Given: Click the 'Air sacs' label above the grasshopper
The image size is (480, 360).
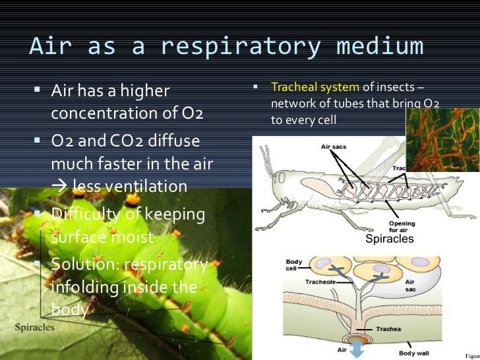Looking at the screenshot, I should pyautogui.click(x=334, y=148).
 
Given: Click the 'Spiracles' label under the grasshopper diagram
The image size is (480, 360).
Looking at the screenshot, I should pyautogui.click(x=389, y=239).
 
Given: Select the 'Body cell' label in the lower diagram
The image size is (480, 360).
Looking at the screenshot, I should pyautogui.click(x=294, y=265).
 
